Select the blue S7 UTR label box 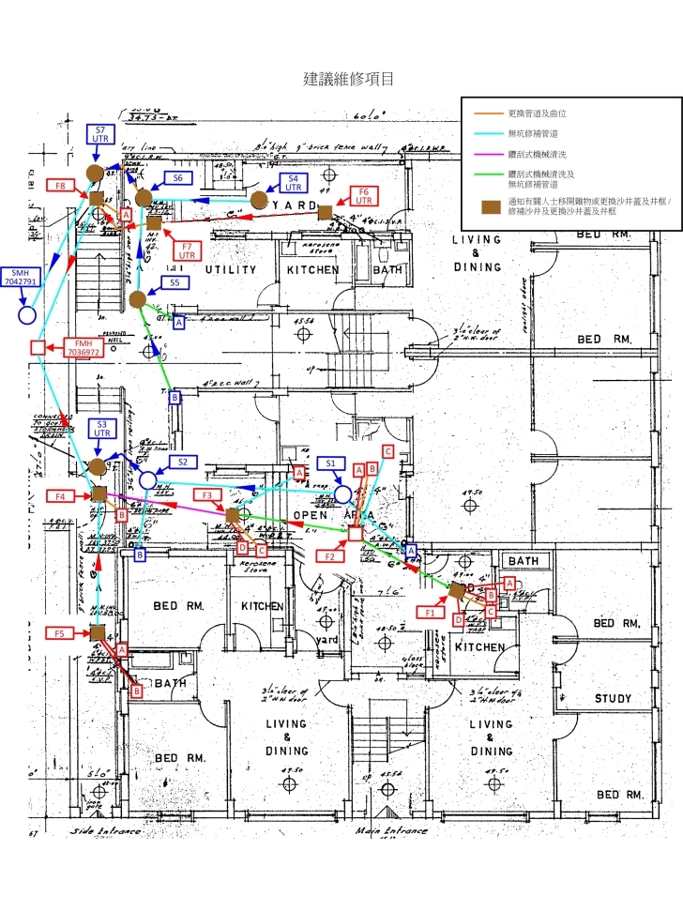[x=100, y=133]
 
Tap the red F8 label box [x=60, y=187]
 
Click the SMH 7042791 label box [x=20, y=276]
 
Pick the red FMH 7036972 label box [x=83, y=348]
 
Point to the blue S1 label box [x=329, y=463]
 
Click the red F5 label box [x=58, y=633]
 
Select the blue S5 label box [x=174, y=281]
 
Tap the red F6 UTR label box [x=364, y=195]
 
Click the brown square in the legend [x=487, y=205]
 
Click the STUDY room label [x=613, y=699]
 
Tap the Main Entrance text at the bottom [x=391, y=830]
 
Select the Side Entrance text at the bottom [x=105, y=831]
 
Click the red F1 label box [x=431, y=612]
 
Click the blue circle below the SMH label [x=27, y=315]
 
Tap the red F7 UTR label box [x=187, y=250]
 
